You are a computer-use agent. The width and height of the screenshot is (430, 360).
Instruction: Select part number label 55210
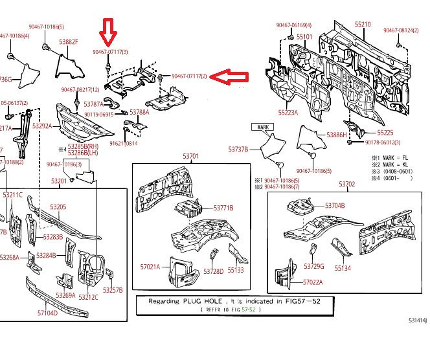tap(363, 25)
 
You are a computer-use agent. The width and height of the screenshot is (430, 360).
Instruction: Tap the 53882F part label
tap(68, 42)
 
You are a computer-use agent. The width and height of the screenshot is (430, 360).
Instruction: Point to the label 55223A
tap(288, 112)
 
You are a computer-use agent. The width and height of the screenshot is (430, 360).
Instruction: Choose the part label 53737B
tap(238, 149)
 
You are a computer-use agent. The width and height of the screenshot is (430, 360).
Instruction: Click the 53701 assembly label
tap(190, 157)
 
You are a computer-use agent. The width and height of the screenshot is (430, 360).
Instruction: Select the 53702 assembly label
tap(346, 184)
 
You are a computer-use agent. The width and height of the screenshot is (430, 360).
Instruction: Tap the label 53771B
tap(223, 208)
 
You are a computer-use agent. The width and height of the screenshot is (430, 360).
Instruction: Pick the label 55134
tap(343, 267)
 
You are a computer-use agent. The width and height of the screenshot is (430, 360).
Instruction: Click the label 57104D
tap(47, 313)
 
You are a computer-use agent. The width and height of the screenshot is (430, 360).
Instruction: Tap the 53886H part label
tap(337, 135)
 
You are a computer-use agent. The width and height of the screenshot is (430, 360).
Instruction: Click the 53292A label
tap(42, 126)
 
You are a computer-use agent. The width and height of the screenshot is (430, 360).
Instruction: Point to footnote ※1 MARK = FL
tap(391, 157)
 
